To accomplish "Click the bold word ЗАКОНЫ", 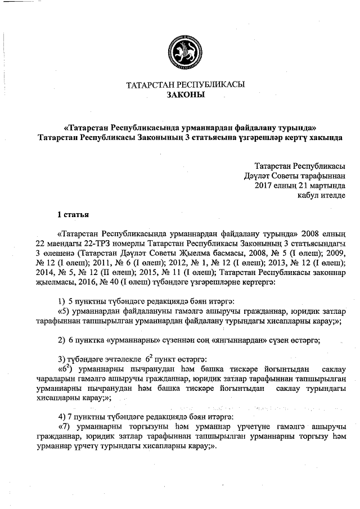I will click(x=186, y=95).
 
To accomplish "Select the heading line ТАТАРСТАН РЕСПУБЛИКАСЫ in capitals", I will click(x=186, y=85).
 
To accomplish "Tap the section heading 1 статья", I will click(x=73, y=214).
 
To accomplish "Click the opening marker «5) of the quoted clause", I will click(x=64, y=310).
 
